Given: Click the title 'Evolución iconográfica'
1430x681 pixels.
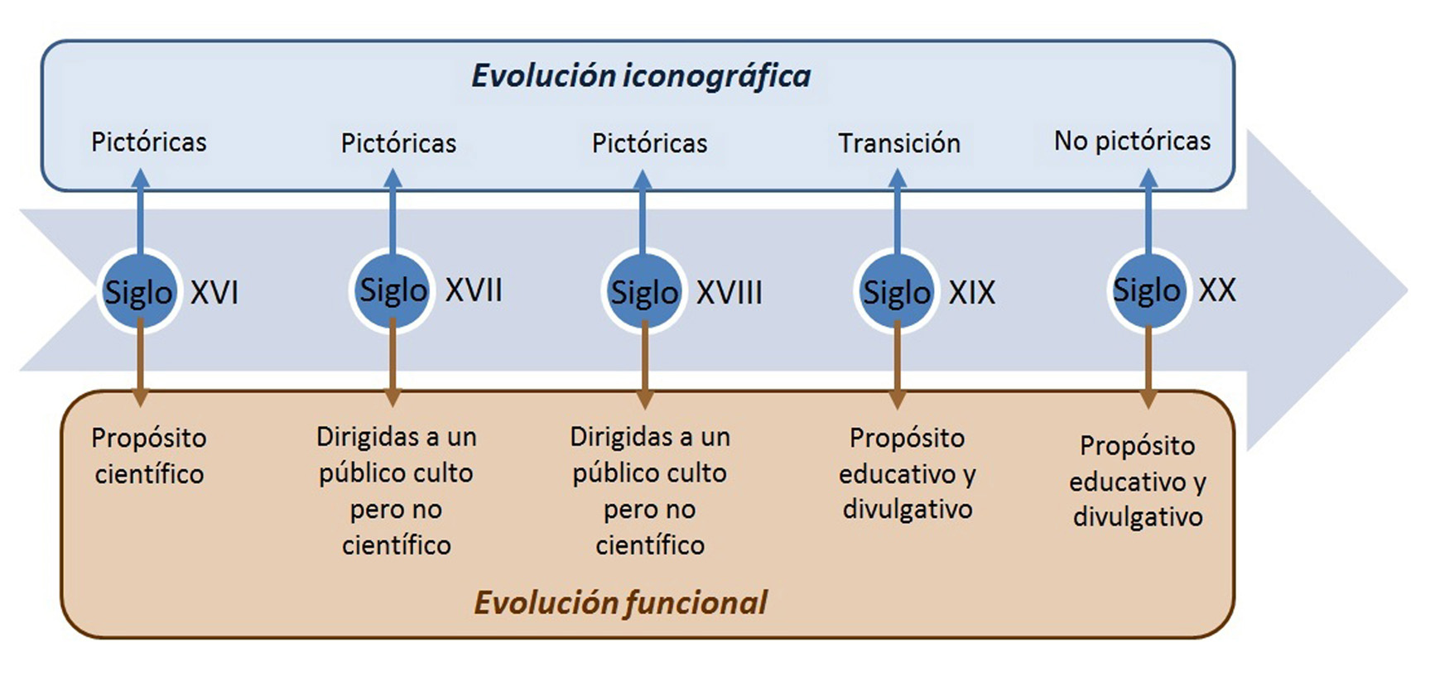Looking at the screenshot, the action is pyautogui.click(x=641, y=76).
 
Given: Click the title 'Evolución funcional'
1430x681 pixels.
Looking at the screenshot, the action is pyautogui.click(x=620, y=602).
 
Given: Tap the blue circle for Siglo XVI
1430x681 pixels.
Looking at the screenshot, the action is pyautogui.click(x=139, y=291).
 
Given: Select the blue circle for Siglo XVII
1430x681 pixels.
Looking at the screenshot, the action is pyautogui.click(x=392, y=290).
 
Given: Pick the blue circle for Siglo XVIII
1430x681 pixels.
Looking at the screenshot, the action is pyautogui.click(x=644, y=292).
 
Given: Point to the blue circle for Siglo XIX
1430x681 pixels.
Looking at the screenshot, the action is pyautogui.click(x=897, y=292).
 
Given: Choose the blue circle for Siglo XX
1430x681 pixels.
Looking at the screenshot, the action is pyautogui.click(x=1148, y=290).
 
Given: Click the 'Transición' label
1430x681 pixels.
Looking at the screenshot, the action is pyautogui.click(x=899, y=143).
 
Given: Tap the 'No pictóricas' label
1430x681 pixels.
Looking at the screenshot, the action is pyautogui.click(x=1132, y=141).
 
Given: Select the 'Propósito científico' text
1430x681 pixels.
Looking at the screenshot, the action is pyautogui.click(x=149, y=455).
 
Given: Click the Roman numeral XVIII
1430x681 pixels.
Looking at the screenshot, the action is pyautogui.click(x=729, y=292).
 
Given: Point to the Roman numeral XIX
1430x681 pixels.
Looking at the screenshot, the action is pyautogui.click(x=971, y=292).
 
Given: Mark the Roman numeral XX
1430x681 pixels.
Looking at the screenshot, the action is pyautogui.click(x=1217, y=290).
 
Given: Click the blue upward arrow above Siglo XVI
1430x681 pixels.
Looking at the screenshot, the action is pyautogui.click(x=140, y=211).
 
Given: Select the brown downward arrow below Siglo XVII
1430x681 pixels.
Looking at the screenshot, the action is pyautogui.click(x=392, y=367).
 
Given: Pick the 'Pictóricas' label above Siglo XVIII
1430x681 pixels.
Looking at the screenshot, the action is pyautogui.click(x=649, y=143).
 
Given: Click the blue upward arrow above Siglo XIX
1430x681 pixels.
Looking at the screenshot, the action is pyautogui.click(x=897, y=211).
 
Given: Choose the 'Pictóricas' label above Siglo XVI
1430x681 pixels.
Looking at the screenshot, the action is pyautogui.click(x=149, y=141).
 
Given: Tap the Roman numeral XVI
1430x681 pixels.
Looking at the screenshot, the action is pyautogui.click(x=214, y=292).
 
